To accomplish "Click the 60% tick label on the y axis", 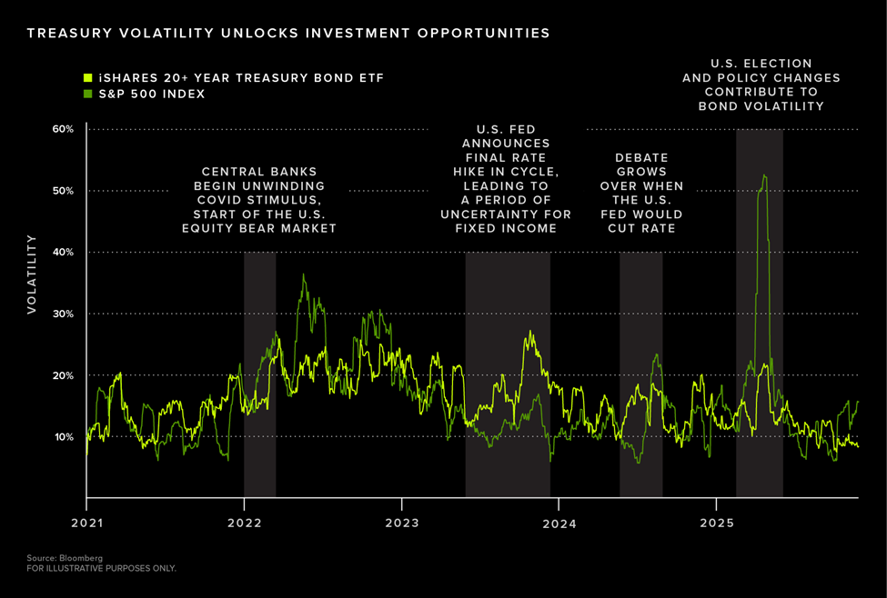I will pos(62,129).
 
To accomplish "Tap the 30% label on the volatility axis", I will pos(62,314).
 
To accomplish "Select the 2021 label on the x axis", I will pos(86,523).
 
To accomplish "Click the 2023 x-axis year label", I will pos(401,523).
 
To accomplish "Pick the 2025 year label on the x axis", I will pos(716,523).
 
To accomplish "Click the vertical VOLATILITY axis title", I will pos(32,274).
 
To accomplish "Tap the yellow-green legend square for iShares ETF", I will pos(87,78).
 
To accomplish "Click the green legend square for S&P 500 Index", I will pos(87,94).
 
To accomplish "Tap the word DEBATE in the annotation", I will pos(641,157).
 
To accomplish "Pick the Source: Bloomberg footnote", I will pos(52,557).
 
